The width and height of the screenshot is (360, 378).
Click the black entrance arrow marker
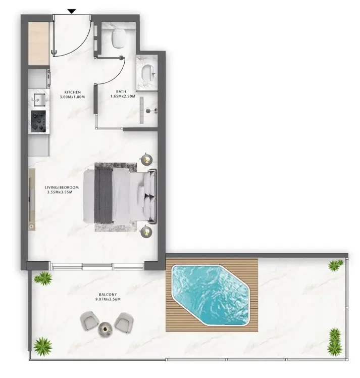72,11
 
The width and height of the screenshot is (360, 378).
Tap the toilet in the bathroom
119,38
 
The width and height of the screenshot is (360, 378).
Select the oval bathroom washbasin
147,73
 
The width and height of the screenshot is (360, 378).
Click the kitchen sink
39,99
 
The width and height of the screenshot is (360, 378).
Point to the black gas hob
38,121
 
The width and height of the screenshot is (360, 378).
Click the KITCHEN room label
73,92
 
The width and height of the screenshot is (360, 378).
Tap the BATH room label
121,91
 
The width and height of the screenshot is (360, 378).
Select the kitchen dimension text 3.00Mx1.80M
72,97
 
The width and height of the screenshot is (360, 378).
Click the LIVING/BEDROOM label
62,187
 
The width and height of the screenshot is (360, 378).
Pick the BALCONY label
108,294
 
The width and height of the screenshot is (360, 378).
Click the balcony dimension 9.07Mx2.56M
108,299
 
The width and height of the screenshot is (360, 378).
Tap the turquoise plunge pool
210,295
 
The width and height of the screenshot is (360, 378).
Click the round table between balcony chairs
105,329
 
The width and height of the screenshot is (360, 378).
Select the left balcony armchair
89,320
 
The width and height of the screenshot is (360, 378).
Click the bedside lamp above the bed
146,159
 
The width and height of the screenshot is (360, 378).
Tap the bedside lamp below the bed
146,231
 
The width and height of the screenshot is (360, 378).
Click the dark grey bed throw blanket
104,195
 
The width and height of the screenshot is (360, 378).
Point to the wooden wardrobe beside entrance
39,43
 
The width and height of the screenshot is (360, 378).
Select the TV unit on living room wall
32,200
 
